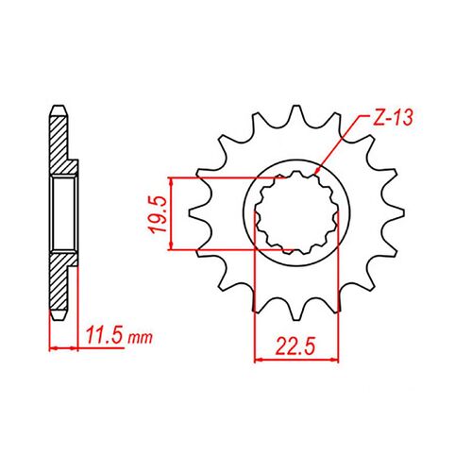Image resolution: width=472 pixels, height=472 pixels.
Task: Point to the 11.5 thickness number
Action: (103, 336)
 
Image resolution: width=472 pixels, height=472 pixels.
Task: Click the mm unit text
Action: (137, 337)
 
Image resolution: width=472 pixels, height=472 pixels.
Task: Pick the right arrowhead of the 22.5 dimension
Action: (337, 359)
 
